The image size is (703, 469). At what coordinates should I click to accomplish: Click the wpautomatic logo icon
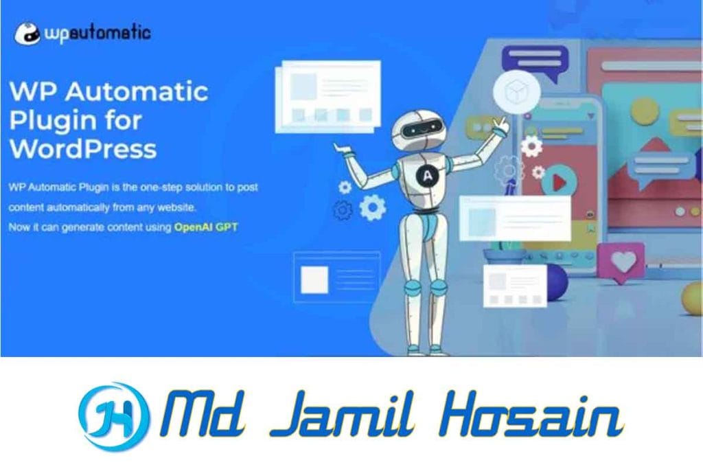point(27,33)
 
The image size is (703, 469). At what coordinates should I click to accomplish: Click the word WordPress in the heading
point(83,149)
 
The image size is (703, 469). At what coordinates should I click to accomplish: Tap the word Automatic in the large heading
point(137,91)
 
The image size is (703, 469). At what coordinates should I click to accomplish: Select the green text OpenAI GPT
point(206,227)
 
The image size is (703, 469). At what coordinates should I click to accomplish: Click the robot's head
point(418,130)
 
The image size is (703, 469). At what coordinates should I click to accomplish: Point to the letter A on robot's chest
point(427,175)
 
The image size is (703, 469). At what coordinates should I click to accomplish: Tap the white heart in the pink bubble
point(623,260)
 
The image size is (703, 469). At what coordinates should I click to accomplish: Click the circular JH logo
point(113,417)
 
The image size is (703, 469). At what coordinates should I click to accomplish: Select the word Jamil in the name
point(343,414)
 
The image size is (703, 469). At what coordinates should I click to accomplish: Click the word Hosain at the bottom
point(532,415)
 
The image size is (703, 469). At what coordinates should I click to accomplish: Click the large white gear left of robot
point(373,207)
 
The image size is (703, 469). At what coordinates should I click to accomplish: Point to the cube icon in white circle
point(516,91)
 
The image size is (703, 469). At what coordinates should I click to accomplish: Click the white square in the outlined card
point(314,280)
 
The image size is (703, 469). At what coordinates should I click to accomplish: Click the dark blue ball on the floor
point(555,282)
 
